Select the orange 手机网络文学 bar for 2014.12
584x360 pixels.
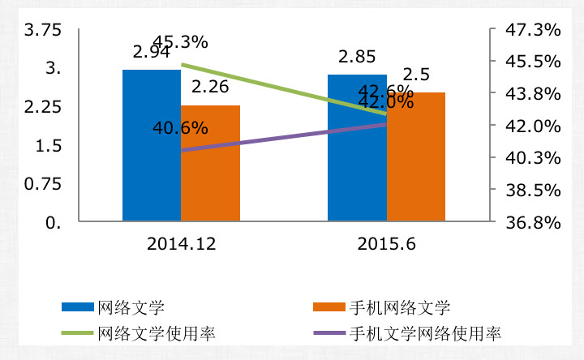210,162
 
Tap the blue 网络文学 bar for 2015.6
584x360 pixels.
356,147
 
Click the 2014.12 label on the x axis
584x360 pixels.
181,242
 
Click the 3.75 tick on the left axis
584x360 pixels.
44,31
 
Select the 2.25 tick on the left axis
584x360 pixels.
44,108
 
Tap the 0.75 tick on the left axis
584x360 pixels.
44,184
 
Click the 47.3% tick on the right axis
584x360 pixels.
533,31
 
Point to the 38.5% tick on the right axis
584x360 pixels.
533,191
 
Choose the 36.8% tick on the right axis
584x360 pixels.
533,222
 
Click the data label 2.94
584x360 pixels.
152,52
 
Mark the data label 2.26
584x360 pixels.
209,87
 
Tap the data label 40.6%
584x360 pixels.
180,127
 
